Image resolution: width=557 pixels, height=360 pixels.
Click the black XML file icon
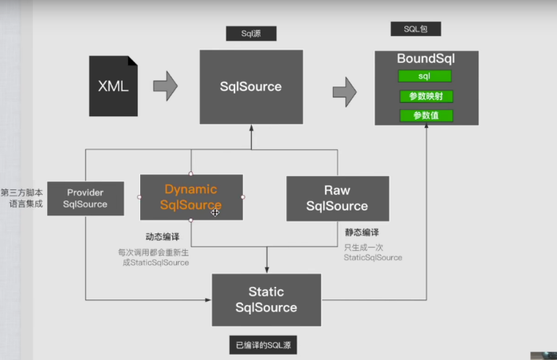click(x=113, y=86)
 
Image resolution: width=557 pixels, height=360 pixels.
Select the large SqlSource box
click(x=251, y=86)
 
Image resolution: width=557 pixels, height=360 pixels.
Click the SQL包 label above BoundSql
click(x=415, y=29)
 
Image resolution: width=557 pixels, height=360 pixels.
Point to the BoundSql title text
click(x=426, y=58)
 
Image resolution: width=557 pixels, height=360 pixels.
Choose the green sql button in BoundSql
click(x=425, y=76)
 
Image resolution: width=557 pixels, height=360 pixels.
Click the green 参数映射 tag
click(x=426, y=96)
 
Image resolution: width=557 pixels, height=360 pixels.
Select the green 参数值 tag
click(x=426, y=116)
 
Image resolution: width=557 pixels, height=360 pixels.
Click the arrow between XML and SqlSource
click(x=165, y=86)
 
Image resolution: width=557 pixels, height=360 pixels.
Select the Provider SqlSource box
click(x=86, y=198)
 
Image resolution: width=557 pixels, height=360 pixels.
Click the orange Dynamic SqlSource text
click(x=190, y=197)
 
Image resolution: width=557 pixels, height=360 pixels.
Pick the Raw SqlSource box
click(x=337, y=198)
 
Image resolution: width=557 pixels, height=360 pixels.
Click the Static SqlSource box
click(x=266, y=300)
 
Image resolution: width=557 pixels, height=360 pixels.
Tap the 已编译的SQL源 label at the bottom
click(x=267, y=345)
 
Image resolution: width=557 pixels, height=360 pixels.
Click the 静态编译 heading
click(x=362, y=233)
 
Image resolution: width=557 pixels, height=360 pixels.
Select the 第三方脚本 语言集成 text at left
click(x=21, y=198)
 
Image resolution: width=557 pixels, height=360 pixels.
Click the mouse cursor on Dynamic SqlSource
click(x=215, y=211)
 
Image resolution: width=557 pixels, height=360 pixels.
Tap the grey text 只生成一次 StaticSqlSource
click(x=373, y=252)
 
